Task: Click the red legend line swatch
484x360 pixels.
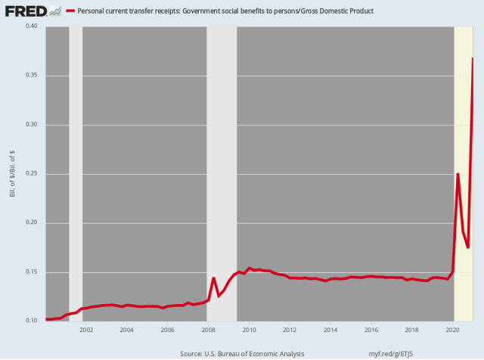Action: click(71, 12)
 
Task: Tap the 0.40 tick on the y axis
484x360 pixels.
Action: click(32, 26)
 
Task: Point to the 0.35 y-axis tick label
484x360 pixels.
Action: click(32, 76)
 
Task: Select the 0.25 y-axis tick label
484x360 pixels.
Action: click(32, 174)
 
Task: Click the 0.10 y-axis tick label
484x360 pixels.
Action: click(32, 321)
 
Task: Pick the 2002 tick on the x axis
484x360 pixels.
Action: click(85, 331)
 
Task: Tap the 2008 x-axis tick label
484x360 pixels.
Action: click(208, 331)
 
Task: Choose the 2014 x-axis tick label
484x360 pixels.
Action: click(330, 331)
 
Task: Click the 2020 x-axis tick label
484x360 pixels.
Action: click(452, 331)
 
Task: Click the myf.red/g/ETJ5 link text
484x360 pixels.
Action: click(397, 352)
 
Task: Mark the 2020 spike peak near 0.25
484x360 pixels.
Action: click(458, 174)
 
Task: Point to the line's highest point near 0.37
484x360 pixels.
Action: click(473, 57)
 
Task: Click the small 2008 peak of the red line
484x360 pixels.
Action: click(214, 278)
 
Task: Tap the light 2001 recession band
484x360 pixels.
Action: click(76, 174)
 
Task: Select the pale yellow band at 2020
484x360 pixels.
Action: click(463, 113)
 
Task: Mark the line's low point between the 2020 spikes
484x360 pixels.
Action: click(468, 247)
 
